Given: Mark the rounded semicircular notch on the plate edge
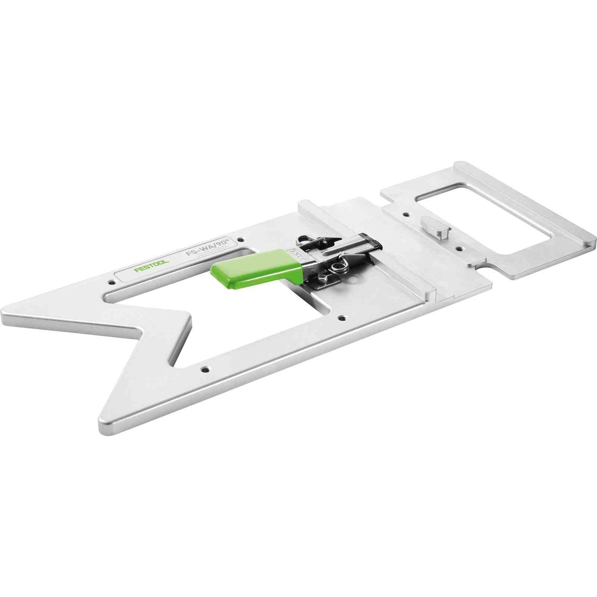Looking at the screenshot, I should [483, 268].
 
